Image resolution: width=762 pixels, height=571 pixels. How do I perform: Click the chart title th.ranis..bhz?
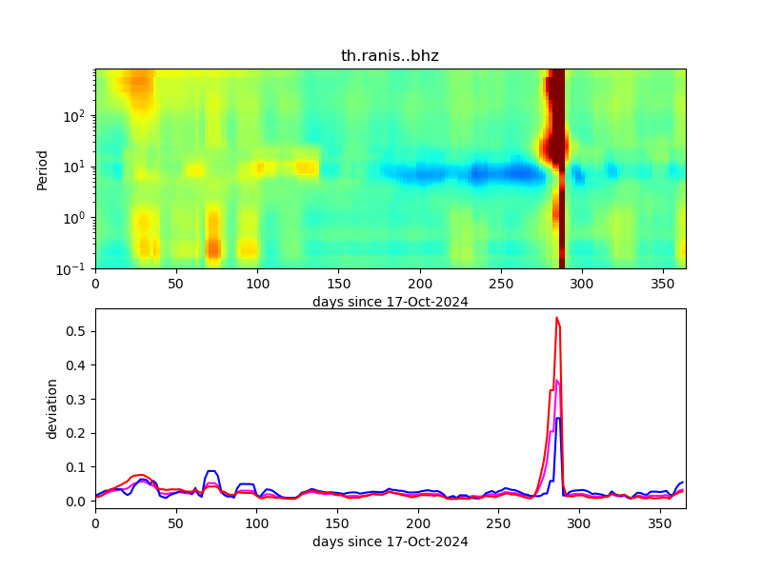(x=390, y=56)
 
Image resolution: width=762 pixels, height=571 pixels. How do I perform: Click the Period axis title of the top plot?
(x=42, y=168)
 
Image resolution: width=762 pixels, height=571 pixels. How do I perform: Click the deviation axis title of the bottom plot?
(x=52, y=408)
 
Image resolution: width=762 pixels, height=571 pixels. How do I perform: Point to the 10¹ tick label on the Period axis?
(x=78, y=167)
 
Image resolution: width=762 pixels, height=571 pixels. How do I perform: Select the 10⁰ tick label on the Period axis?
(x=78, y=218)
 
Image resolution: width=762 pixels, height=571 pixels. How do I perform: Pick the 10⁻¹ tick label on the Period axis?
(x=76, y=268)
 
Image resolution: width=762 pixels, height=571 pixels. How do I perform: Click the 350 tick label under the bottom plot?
(x=660, y=523)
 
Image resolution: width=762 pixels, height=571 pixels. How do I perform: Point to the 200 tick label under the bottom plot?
(x=418, y=523)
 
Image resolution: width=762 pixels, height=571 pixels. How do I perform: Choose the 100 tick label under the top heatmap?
(x=257, y=284)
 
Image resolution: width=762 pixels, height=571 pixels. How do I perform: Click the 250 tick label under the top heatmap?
(x=499, y=284)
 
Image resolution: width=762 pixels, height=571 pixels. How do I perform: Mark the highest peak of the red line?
(x=557, y=318)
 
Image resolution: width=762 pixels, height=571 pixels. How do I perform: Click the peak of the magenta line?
(x=557, y=381)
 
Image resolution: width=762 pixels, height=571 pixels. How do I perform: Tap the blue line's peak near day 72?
(x=211, y=471)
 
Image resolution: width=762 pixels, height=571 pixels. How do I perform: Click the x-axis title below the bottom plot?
(x=390, y=542)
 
